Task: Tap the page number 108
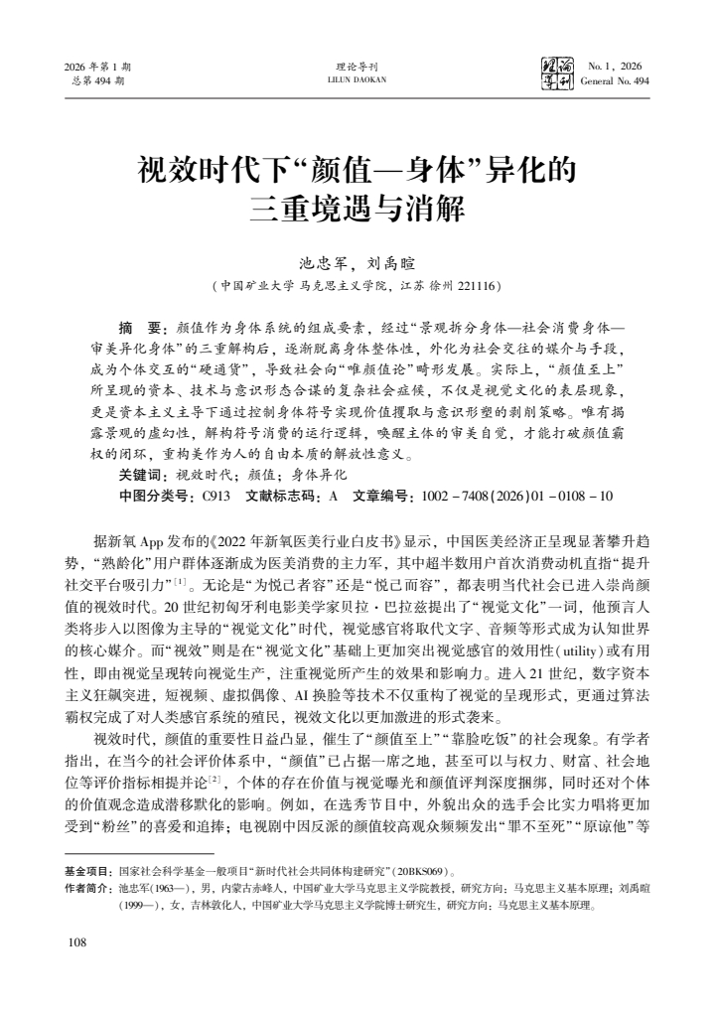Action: (x=74, y=941)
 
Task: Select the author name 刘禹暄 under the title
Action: (x=389, y=264)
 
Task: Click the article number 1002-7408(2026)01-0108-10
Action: (x=517, y=495)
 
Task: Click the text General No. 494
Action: (x=615, y=81)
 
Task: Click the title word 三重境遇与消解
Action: (x=357, y=212)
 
